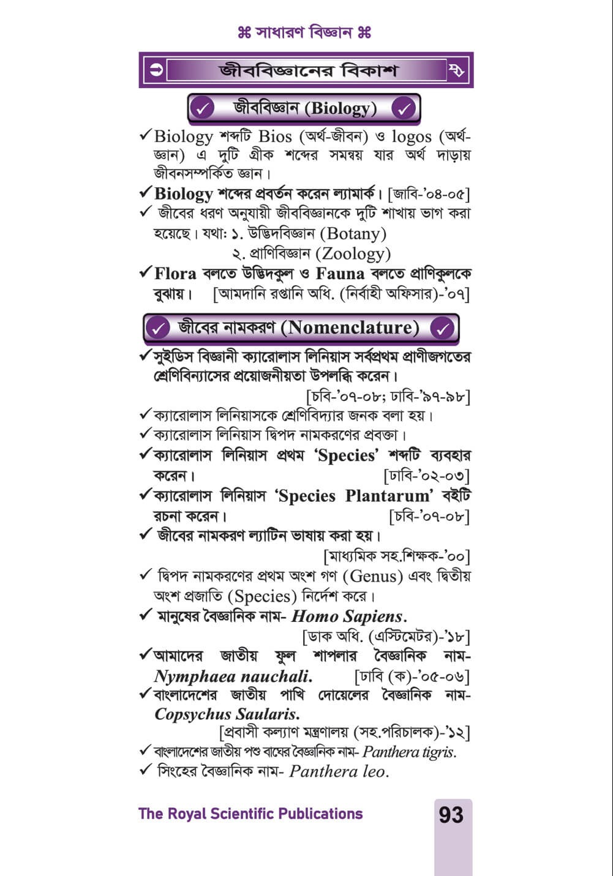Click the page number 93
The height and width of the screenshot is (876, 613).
pyautogui.click(x=451, y=815)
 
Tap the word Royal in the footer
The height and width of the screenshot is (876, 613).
pyautogui.click(x=186, y=814)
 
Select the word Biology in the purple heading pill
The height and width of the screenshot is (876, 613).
pyautogui.click(x=340, y=109)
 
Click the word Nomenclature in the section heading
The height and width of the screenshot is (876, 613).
pyautogui.click(x=350, y=328)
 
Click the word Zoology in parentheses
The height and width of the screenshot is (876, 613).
pyautogui.click(x=356, y=253)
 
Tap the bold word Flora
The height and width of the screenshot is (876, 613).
pyautogui.click(x=175, y=274)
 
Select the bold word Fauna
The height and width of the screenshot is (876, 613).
pyautogui.click(x=340, y=274)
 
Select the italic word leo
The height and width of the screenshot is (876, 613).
pyautogui.click(x=374, y=772)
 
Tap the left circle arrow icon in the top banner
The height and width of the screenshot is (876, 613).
pyautogui.click(x=157, y=70)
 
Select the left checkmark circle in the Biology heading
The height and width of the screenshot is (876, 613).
pyautogui.click(x=201, y=109)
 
